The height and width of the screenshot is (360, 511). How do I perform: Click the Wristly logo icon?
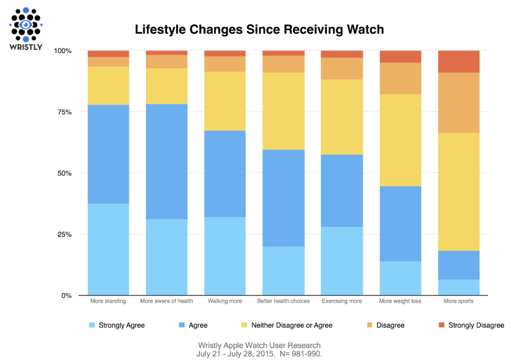tap(26, 24)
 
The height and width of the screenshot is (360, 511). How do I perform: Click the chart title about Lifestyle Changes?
tap(259, 30)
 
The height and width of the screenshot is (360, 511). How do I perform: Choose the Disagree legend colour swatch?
tap(369, 325)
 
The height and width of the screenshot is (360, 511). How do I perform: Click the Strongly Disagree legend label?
tap(476, 325)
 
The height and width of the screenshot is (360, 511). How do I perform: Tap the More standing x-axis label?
tap(108, 301)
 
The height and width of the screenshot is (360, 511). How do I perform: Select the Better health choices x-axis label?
tap(283, 301)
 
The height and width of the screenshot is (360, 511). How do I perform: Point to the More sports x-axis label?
tap(459, 301)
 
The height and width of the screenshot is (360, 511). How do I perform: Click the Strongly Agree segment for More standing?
tap(108, 249)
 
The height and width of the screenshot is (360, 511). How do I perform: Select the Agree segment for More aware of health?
tap(167, 161)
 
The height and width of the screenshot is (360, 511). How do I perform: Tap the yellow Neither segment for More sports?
tap(459, 192)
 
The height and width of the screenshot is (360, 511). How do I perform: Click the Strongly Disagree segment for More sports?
tap(459, 61)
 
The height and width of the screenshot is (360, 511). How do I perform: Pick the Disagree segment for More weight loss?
tap(400, 78)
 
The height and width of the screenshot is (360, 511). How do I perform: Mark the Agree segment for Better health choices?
tap(283, 198)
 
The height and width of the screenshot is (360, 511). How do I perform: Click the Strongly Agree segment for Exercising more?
tap(342, 261)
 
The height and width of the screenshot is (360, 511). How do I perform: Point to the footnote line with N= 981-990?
tap(259, 353)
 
